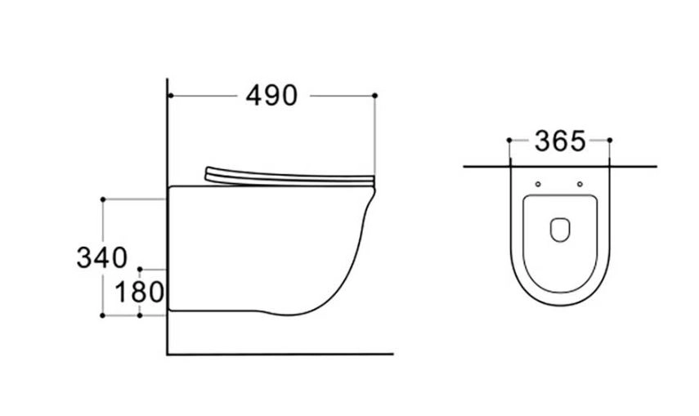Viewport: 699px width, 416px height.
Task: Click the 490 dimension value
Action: (271, 96)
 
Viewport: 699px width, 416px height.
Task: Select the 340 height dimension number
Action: (102, 257)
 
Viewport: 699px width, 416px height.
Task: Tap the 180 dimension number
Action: (140, 293)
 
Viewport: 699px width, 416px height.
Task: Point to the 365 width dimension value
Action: (560, 141)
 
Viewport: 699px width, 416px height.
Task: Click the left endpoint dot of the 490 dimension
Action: (170, 96)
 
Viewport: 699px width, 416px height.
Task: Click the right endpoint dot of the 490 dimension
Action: (374, 96)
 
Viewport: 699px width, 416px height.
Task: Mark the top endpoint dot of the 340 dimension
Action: (103, 199)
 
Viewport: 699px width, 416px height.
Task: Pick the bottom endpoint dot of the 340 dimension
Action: (102, 315)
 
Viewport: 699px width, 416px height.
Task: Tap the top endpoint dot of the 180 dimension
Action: (140, 270)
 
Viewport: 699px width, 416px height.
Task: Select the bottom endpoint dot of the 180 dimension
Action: (140, 315)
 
